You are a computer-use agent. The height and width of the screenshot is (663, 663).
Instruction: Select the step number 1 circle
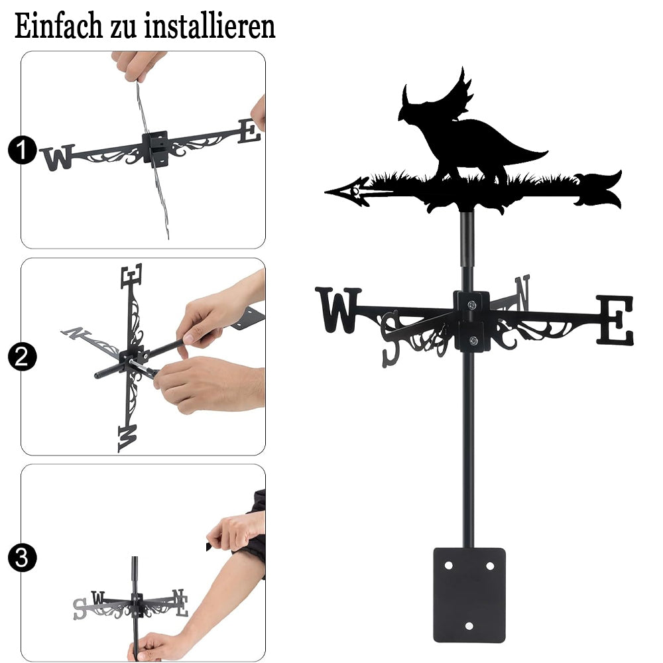click(x=22, y=150)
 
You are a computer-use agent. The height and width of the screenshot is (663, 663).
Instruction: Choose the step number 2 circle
click(x=22, y=357)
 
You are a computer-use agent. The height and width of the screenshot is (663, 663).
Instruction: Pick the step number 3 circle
click(x=22, y=558)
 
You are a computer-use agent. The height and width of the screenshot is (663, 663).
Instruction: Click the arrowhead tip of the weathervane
click(x=326, y=192)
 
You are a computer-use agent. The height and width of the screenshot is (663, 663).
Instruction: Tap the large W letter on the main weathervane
click(x=338, y=310)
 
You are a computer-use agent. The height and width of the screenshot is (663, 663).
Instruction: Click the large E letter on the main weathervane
click(x=615, y=320)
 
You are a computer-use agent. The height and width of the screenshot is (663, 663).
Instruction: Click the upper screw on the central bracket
click(x=471, y=304)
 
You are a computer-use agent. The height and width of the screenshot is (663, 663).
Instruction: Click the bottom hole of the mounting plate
click(x=469, y=626)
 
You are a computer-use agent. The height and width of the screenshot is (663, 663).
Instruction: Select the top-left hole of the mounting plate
click(x=449, y=566)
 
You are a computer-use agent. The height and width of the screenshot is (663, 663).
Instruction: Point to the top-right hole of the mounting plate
click(x=490, y=566)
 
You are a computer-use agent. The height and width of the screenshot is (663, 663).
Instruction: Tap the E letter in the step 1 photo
click(x=249, y=131)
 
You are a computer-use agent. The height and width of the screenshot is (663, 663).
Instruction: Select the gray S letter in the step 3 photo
click(x=80, y=609)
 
